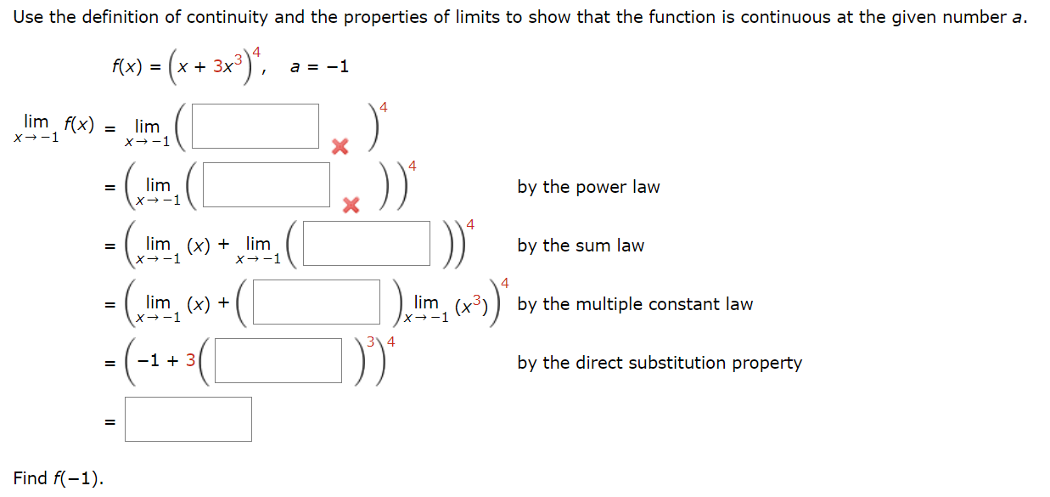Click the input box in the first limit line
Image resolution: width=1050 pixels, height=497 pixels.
coord(255,126)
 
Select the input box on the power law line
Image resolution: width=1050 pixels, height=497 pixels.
coord(267,184)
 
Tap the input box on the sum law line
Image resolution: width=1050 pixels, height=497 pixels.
coord(366,244)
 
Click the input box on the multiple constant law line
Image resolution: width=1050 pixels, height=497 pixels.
coord(316,302)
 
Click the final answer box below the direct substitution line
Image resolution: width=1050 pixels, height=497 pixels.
coord(188,419)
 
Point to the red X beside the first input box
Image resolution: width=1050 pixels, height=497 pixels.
coord(340,147)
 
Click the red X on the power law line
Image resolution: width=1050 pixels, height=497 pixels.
coord(351,205)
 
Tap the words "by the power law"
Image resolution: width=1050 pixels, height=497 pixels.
coord(588,187)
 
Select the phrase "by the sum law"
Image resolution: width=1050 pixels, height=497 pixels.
coord(581,246)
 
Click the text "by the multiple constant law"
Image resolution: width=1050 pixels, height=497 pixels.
coord(635,304)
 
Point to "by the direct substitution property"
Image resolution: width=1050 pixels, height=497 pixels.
coord(660,363)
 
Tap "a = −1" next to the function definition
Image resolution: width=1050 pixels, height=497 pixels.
coord(320,67)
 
